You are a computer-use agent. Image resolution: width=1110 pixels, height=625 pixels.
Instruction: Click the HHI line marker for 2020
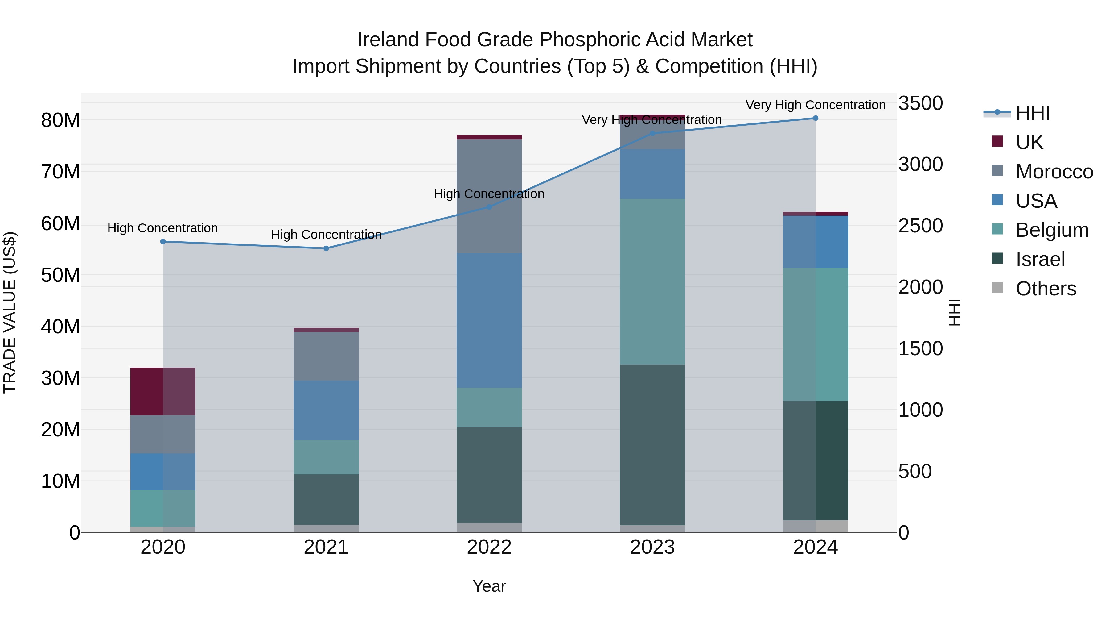(x=163, y=242)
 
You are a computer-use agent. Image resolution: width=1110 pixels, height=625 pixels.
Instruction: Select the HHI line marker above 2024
(x=815, y=118)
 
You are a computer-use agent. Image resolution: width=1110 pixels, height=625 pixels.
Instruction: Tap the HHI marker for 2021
(x=326, y=248)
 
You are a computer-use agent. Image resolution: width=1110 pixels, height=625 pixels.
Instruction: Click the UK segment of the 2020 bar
(x=163, y=391)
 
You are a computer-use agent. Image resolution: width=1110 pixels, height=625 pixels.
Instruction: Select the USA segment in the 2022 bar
(x=489, y=320)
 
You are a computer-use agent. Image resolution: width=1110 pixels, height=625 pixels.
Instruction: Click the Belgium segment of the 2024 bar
(x=815, y=334)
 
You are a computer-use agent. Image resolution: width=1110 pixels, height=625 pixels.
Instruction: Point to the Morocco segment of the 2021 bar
(x=326, y=356)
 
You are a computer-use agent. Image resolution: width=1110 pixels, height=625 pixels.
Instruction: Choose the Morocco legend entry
(x=1054, y=172)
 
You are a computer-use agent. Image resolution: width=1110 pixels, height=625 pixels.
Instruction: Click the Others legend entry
(x=1046, y=289)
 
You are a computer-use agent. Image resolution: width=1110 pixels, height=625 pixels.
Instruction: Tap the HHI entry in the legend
(x=1033, y=113)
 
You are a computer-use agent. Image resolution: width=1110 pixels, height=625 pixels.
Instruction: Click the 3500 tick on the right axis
(x=920, y=103)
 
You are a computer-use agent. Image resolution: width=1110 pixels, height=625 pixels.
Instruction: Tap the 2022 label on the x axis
(x=489, y=547)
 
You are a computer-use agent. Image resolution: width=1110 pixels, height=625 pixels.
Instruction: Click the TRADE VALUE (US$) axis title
(x=10, y=312)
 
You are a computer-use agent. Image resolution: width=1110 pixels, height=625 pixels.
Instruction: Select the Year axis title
(x=489, y=586)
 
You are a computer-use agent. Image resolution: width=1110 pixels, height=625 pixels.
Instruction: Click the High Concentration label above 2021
(x=326, y=235)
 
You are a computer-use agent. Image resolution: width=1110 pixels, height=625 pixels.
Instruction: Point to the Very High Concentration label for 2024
(x=815, y=105)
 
